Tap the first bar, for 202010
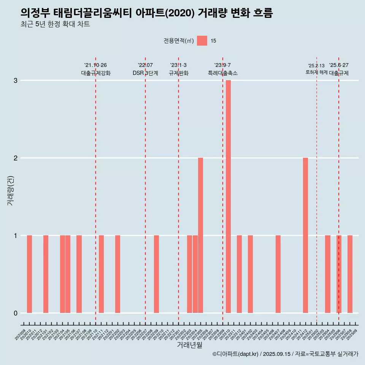tap(29, 274)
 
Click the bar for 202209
tap(156, 274)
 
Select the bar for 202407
tap(278, 274)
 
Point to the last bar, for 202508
tap(350, 274)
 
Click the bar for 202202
tap(117, 274)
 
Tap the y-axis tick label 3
tap(16, 81)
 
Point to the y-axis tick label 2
tap(16, 158)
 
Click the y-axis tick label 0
tap(16, 313)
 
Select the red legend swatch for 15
tap(202, 41)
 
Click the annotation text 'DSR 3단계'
tap(145, 73)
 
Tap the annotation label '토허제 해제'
tap(316, 72)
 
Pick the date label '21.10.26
tap(95, 65)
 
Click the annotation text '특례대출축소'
tap(223, 73)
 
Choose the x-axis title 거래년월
tap(189, 345)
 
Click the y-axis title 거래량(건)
tap(11, 190)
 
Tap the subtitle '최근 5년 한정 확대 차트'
tap(56, 24)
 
